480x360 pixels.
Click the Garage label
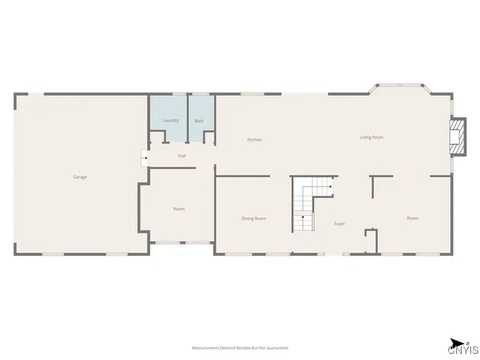pos(79,177)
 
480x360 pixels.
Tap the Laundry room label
pos(170,120)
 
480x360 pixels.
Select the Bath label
pos(199,121)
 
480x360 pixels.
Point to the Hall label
pos(181,156)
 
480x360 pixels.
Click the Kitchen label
pos(254,140)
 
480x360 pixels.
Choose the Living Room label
pos(372,137)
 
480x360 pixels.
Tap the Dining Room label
pos(253,218)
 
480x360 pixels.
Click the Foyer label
pos(339,223)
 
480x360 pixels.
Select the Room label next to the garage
pos(178,208)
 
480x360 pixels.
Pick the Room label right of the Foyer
pos(412,218)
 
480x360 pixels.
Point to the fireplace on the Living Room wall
pos(454,136)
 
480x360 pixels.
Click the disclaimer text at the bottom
pos(240,348)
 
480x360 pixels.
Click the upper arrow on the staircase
pos(328,187)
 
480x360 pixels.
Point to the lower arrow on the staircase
pos(302,217)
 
